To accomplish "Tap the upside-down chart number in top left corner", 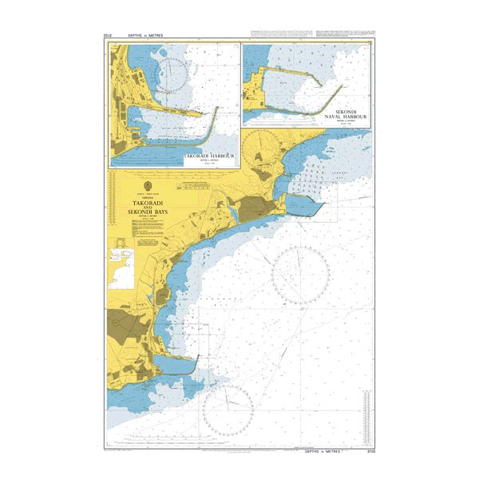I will coord(109,36).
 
